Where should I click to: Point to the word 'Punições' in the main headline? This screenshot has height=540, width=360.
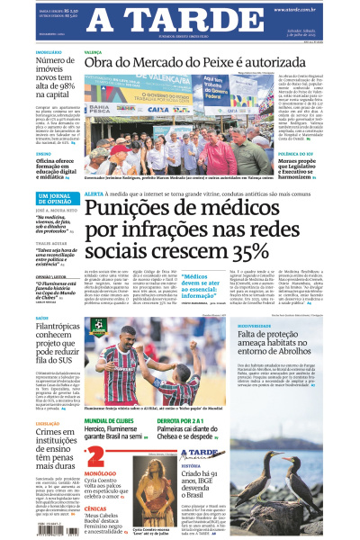click(132, 208)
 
